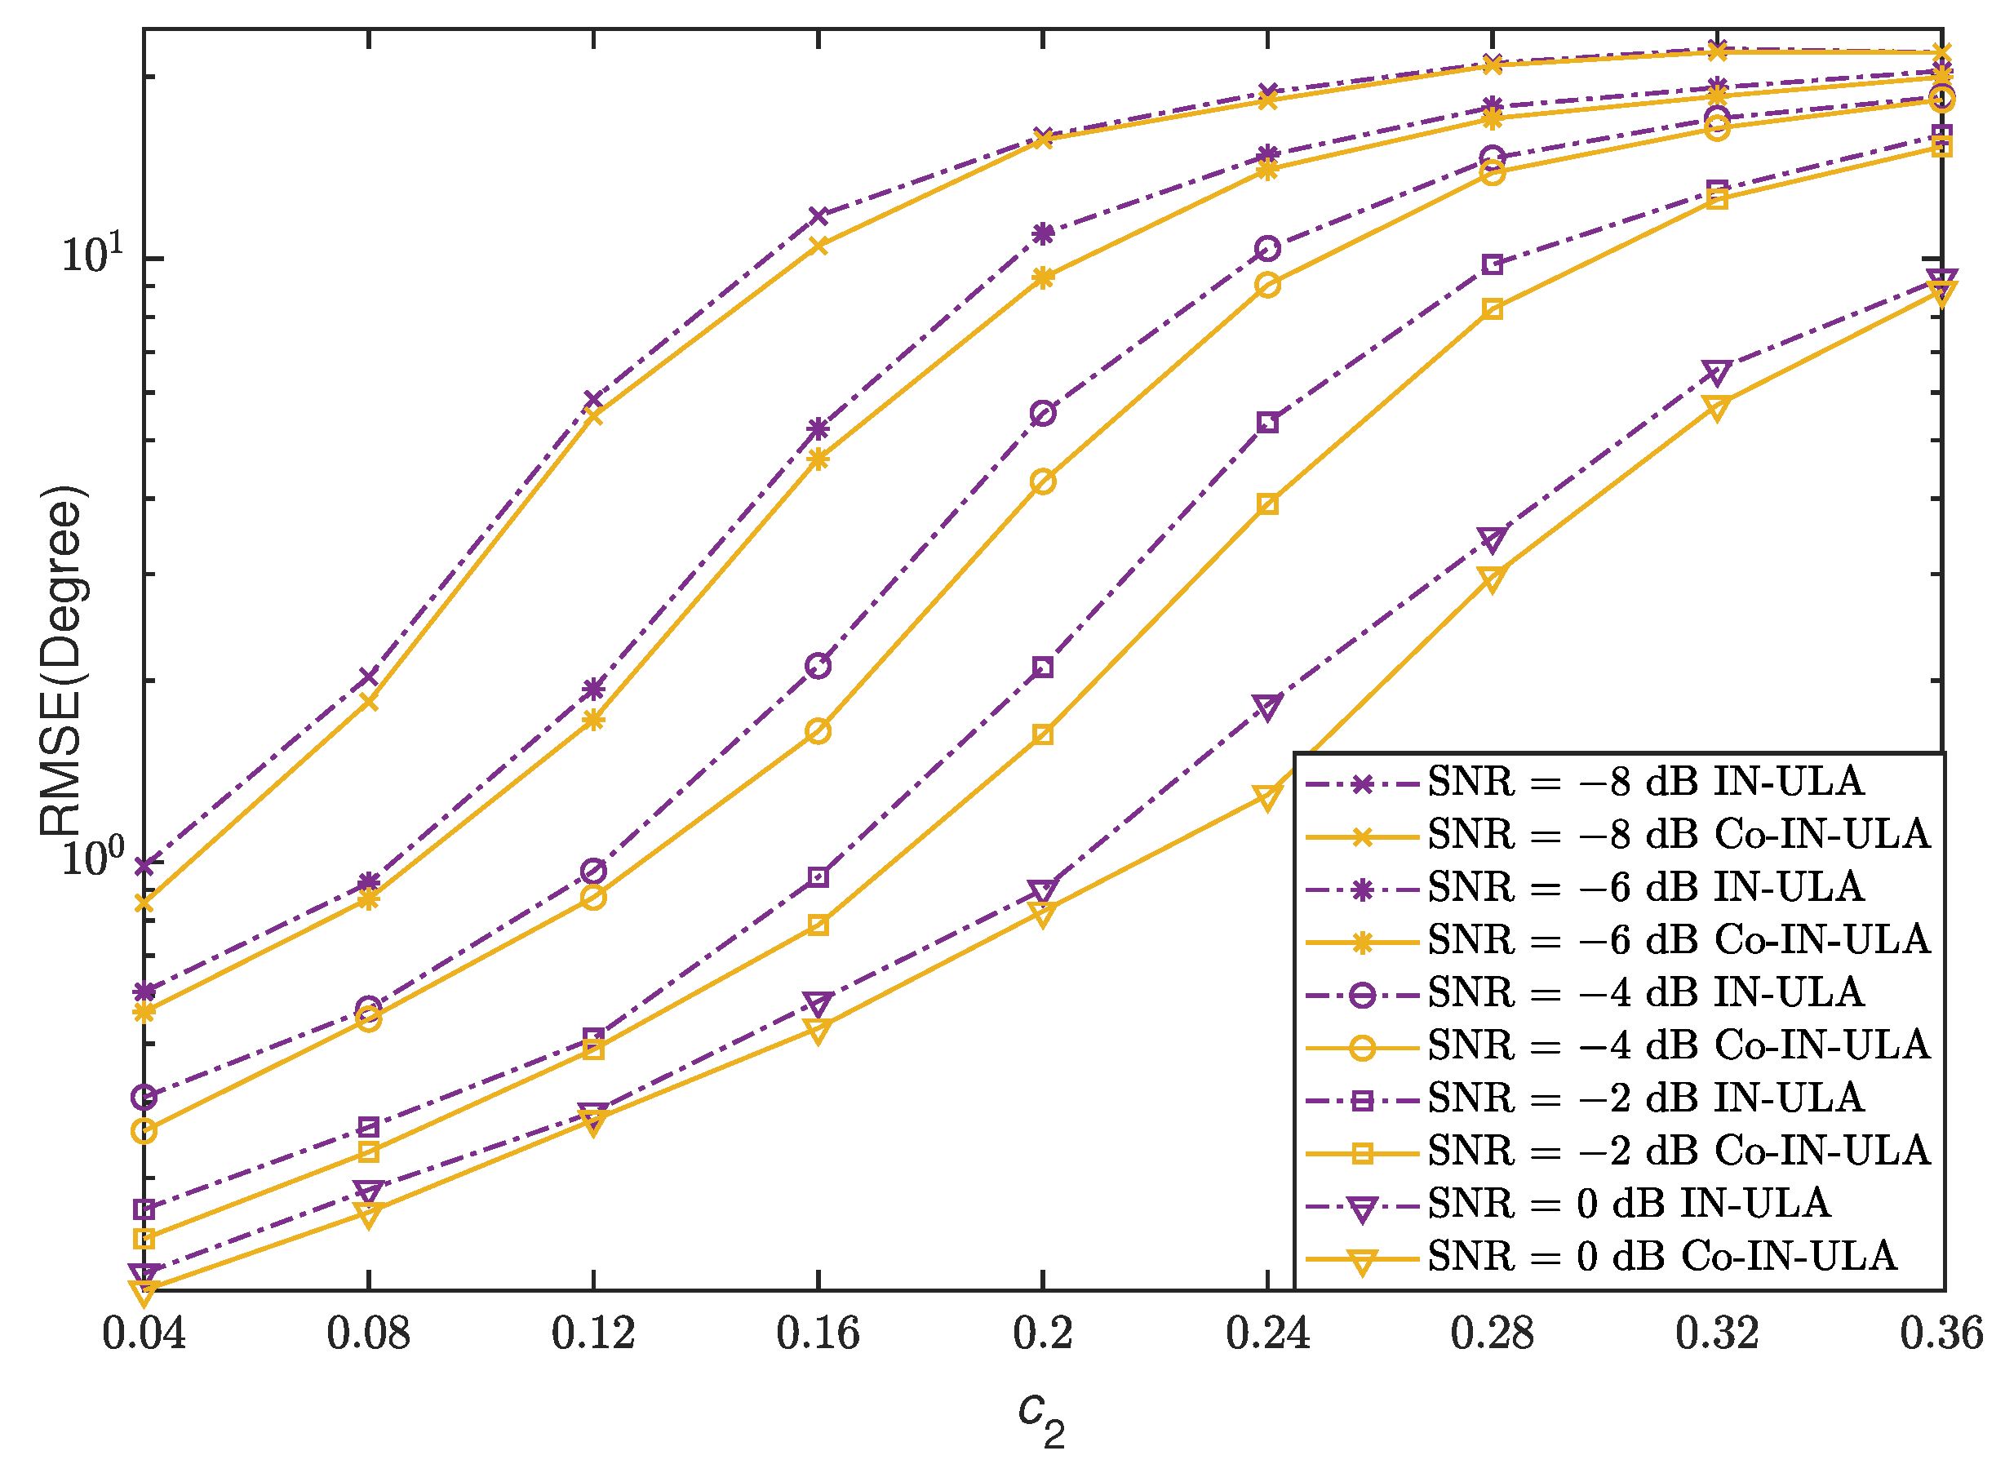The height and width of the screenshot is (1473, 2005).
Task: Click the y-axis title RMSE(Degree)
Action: (62, 661)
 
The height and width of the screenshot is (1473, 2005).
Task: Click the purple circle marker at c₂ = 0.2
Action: (1042, 413)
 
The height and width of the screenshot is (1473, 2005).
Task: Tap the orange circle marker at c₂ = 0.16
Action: (818, 732)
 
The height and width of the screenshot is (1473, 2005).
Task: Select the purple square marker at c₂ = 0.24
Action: (1266, 422)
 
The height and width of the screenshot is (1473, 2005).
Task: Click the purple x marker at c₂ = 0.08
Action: (368, 677)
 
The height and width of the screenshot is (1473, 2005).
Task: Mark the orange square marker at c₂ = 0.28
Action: (1492, 309)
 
